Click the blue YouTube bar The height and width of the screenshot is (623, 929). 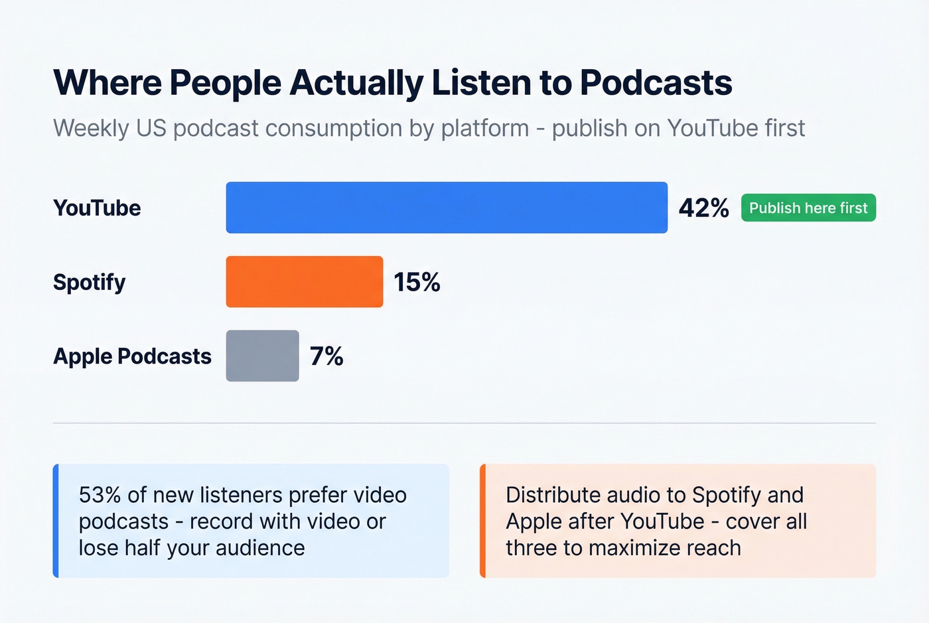[447, 208]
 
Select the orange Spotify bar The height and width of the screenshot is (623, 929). [304, 282]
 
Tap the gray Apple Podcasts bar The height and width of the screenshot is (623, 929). [262, 356]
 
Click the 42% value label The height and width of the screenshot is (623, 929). [703, 208]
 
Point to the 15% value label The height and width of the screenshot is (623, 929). [417, 283]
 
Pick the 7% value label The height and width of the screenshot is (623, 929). [326, 357]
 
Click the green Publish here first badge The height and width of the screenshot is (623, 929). [808, 208]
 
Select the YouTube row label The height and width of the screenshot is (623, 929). [97, 208]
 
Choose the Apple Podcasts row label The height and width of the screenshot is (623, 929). [132, 357]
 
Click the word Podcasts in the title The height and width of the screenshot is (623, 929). [656, 84]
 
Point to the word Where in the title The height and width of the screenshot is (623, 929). [107, 84]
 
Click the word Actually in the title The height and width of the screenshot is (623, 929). [356, 84]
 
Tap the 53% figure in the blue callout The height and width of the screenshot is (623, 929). [100, 495]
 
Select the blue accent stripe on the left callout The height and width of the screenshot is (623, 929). [56, 521]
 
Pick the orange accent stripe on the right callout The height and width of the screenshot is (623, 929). [483, 521]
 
